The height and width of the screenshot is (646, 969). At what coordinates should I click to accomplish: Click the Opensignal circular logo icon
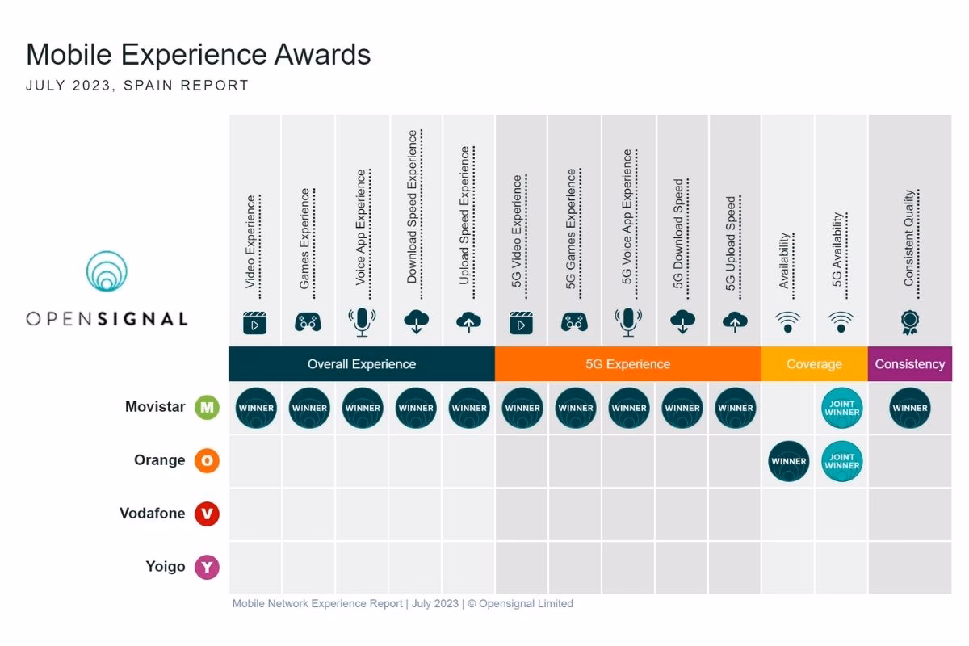(x=107, y=271)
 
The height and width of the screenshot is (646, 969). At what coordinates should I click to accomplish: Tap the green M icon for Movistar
(x=208, y=408)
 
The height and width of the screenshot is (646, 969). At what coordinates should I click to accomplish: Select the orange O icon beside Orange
(x=208, y=461)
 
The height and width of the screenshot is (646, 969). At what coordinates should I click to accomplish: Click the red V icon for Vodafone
(x=208, y=514)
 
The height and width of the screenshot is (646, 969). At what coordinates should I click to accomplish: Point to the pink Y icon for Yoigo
(x=208, y=567)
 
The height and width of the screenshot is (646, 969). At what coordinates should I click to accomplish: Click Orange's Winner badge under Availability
(x=789, y=461)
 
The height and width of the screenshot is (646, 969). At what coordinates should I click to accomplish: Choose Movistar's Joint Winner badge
(x=842, y=408)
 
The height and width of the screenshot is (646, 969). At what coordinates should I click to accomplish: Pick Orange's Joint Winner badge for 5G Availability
(x=842, y=461)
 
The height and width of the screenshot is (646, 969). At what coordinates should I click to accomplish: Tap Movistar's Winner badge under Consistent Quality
(x=910, y=408)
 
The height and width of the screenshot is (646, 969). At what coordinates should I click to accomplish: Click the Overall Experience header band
(x=362, y=364)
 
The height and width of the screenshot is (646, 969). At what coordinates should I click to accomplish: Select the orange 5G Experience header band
(x=627, y=364)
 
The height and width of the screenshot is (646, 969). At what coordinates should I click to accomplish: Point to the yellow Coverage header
(x=814, y=364)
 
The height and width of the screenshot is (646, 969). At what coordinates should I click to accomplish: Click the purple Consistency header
(x=910, y=364)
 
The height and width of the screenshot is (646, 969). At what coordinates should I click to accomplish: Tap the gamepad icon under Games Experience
(x=308, y=323)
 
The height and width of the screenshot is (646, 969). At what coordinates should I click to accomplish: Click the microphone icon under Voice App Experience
(x=362, y=323)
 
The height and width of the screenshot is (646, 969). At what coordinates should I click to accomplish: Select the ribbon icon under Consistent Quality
(x=909, y=323)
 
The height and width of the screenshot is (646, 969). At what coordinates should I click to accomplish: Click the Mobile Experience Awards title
(x=199, y=54)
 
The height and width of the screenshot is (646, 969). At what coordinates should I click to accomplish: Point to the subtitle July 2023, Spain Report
(x=137, y=85)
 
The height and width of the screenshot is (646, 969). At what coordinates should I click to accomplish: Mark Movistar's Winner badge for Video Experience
(x=256, y=408)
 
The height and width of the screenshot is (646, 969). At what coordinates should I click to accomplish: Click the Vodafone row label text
(x=153, y=514)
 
